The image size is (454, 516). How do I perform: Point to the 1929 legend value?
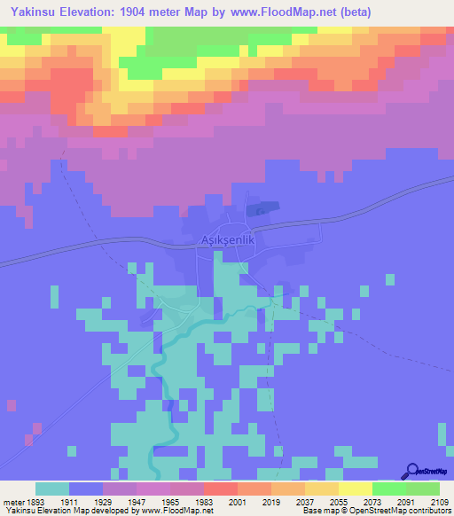tap(120, 502)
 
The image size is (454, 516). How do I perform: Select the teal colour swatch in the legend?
tap(52, 489)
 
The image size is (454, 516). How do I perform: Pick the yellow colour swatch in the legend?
tap(356, 489)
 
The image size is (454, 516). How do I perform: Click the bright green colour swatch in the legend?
tap(389, 489)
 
